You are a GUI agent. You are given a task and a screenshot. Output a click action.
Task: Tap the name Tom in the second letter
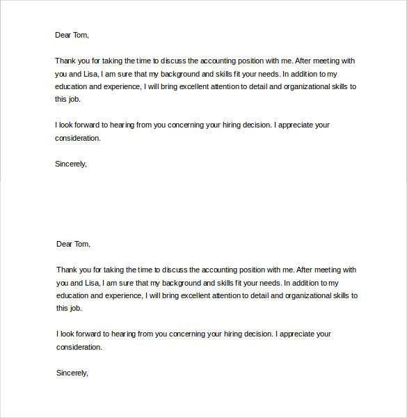coord(81,244)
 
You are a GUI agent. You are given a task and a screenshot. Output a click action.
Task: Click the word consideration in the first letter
coord(77,138)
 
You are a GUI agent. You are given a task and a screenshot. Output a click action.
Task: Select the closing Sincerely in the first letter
coord(70,164)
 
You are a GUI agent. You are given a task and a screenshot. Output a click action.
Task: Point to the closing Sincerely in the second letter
coord(72,373)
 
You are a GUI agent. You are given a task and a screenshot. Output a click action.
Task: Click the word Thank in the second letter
coord(67,270)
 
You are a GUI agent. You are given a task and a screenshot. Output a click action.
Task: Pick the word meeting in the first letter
coord(325,60)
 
